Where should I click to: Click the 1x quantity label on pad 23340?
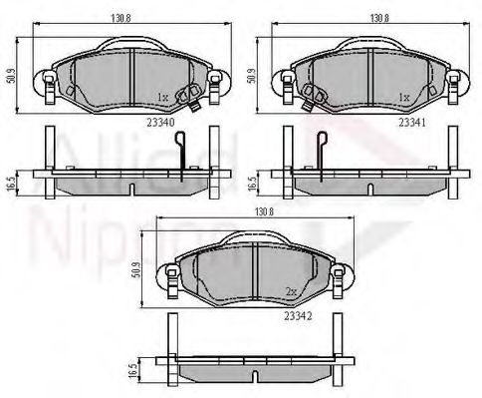coord(162,97)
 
